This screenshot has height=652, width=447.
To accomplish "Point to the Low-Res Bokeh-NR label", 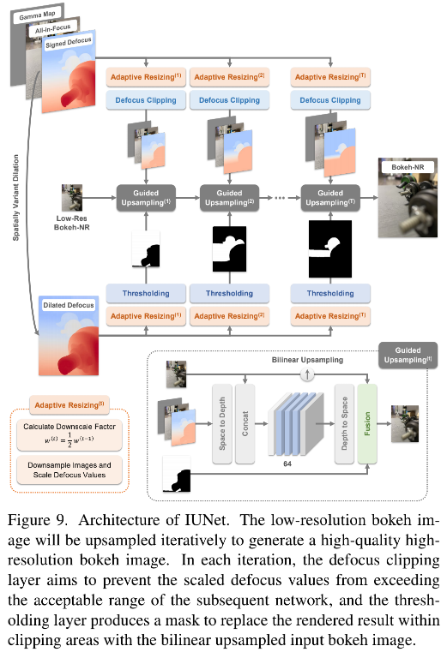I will tap(70, 223).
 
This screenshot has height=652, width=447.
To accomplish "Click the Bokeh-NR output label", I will tap(408, 166).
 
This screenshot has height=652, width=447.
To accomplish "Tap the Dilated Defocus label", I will tap(67, 304).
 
